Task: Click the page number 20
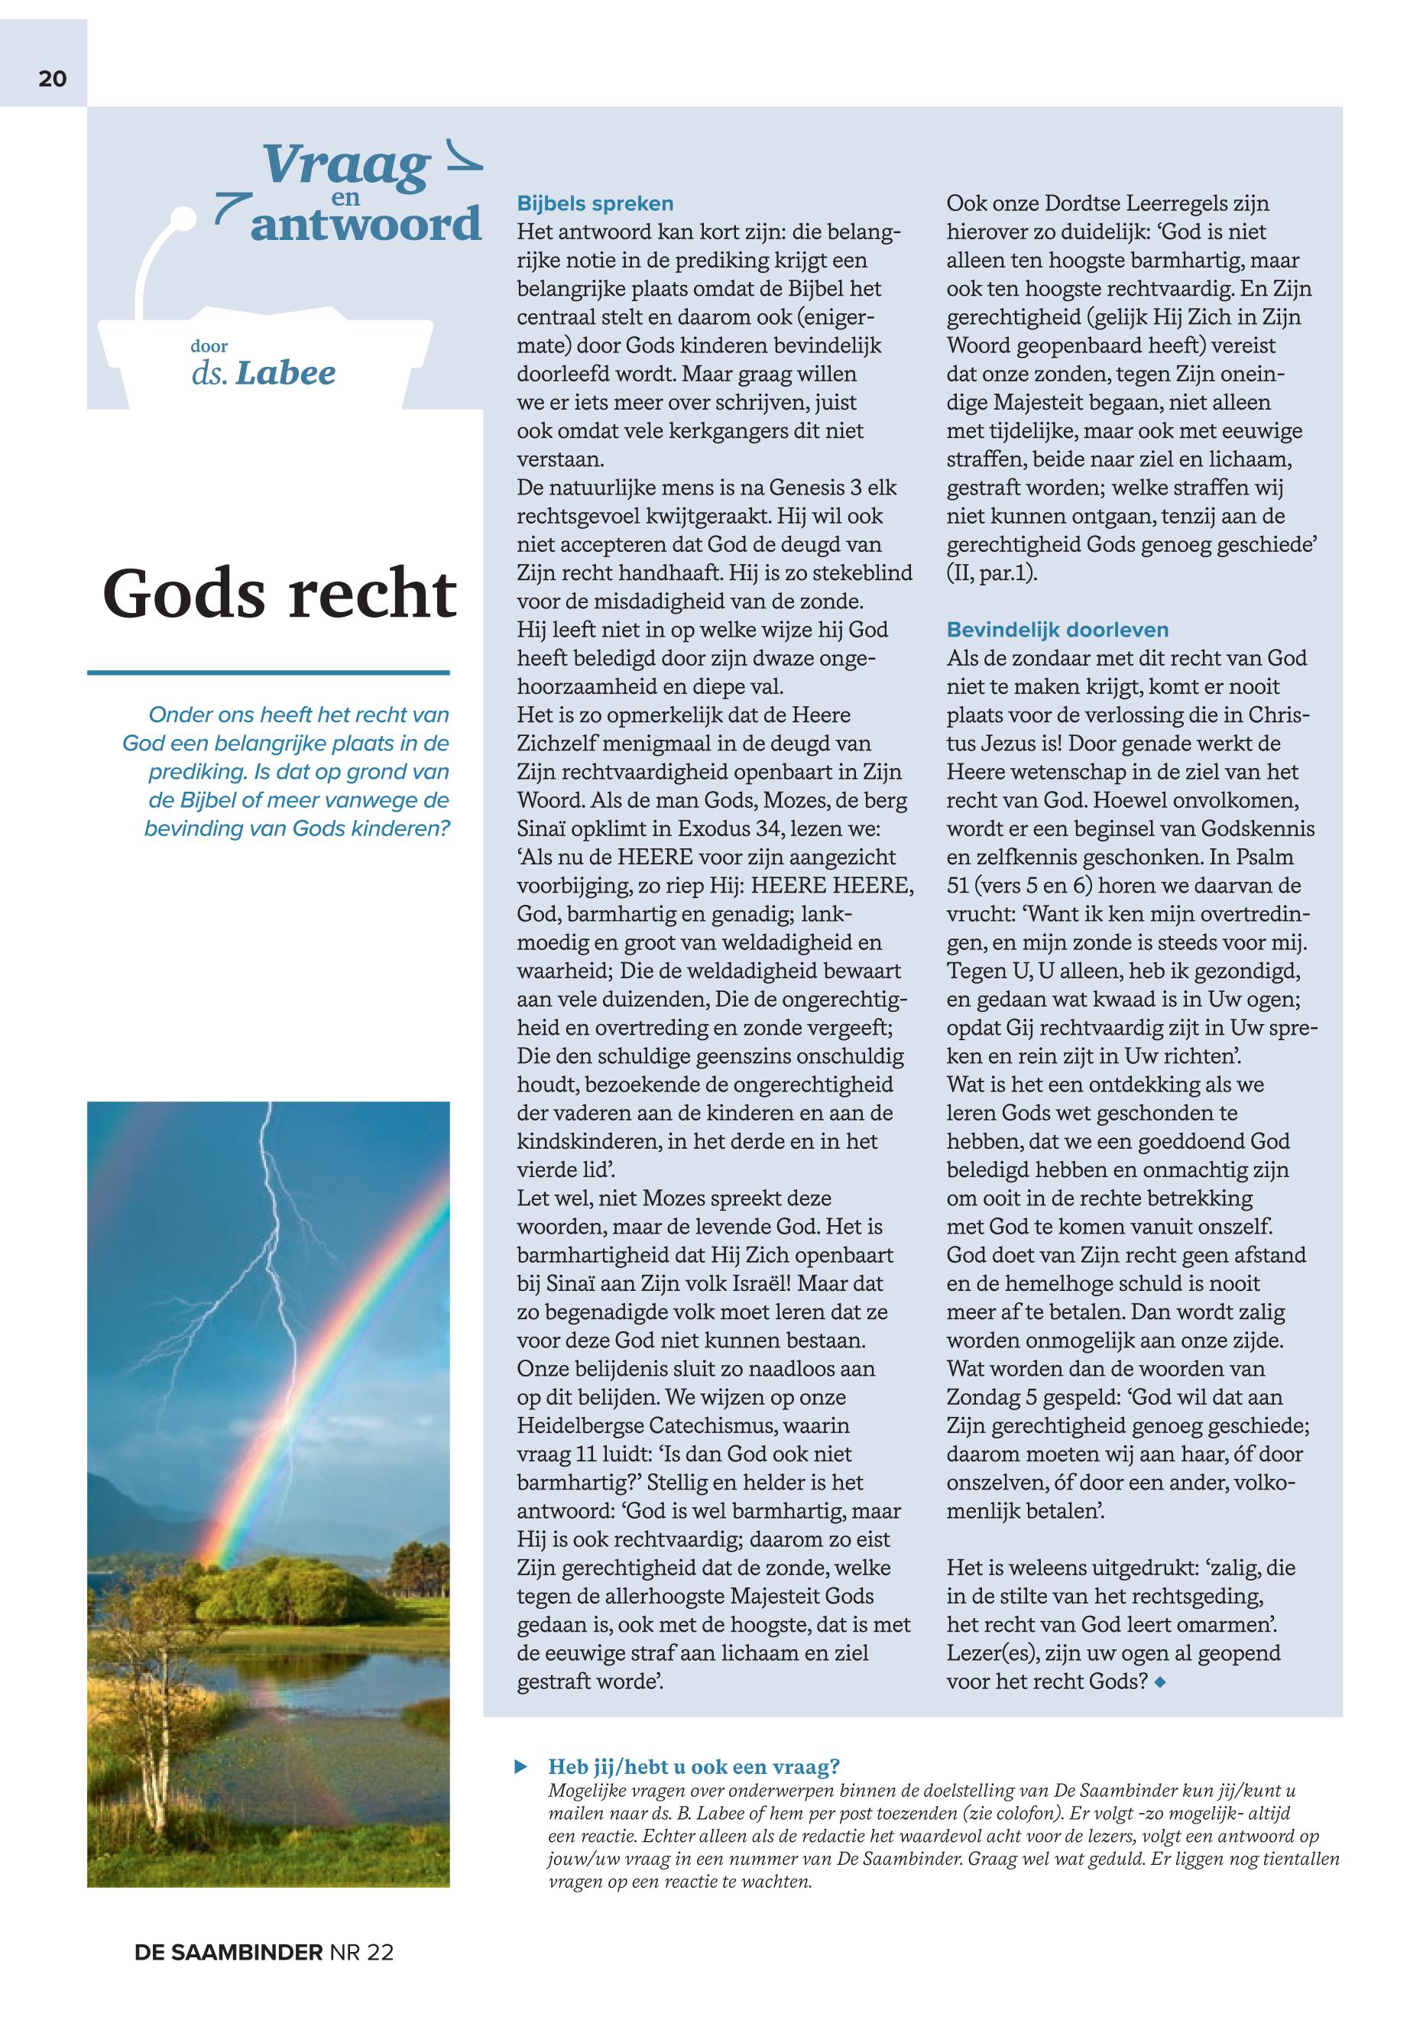point(52,79)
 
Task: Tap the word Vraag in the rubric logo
point(345,164)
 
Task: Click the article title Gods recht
point(279,593)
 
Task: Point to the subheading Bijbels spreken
point(595,203)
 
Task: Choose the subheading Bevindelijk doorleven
point(1057,630)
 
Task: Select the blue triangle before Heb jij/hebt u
point(522,1766)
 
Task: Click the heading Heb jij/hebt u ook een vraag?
point(693,1766)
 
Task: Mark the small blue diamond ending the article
point(1160,1682)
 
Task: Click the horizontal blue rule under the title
point(267,673)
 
